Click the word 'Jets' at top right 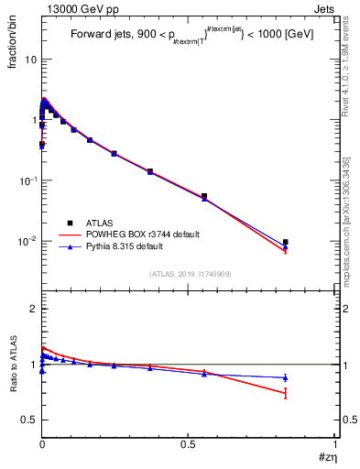[x=324, y=7]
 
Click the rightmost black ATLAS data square [x=286, y=242]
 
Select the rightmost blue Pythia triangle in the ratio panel [x=286, y=377]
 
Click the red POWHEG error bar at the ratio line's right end [x=286, y=393]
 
